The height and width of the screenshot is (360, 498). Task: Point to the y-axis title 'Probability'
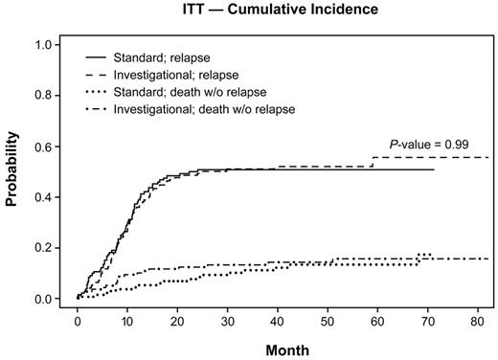point(14,173)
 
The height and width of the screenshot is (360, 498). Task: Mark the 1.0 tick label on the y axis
point(43,45)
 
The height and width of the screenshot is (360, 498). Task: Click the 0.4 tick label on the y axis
point(43,197)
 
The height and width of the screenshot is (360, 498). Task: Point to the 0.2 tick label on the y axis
point(43,248)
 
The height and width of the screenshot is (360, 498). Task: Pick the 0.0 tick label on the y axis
point(43,299)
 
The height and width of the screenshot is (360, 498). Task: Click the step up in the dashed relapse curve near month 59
point(372,163)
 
